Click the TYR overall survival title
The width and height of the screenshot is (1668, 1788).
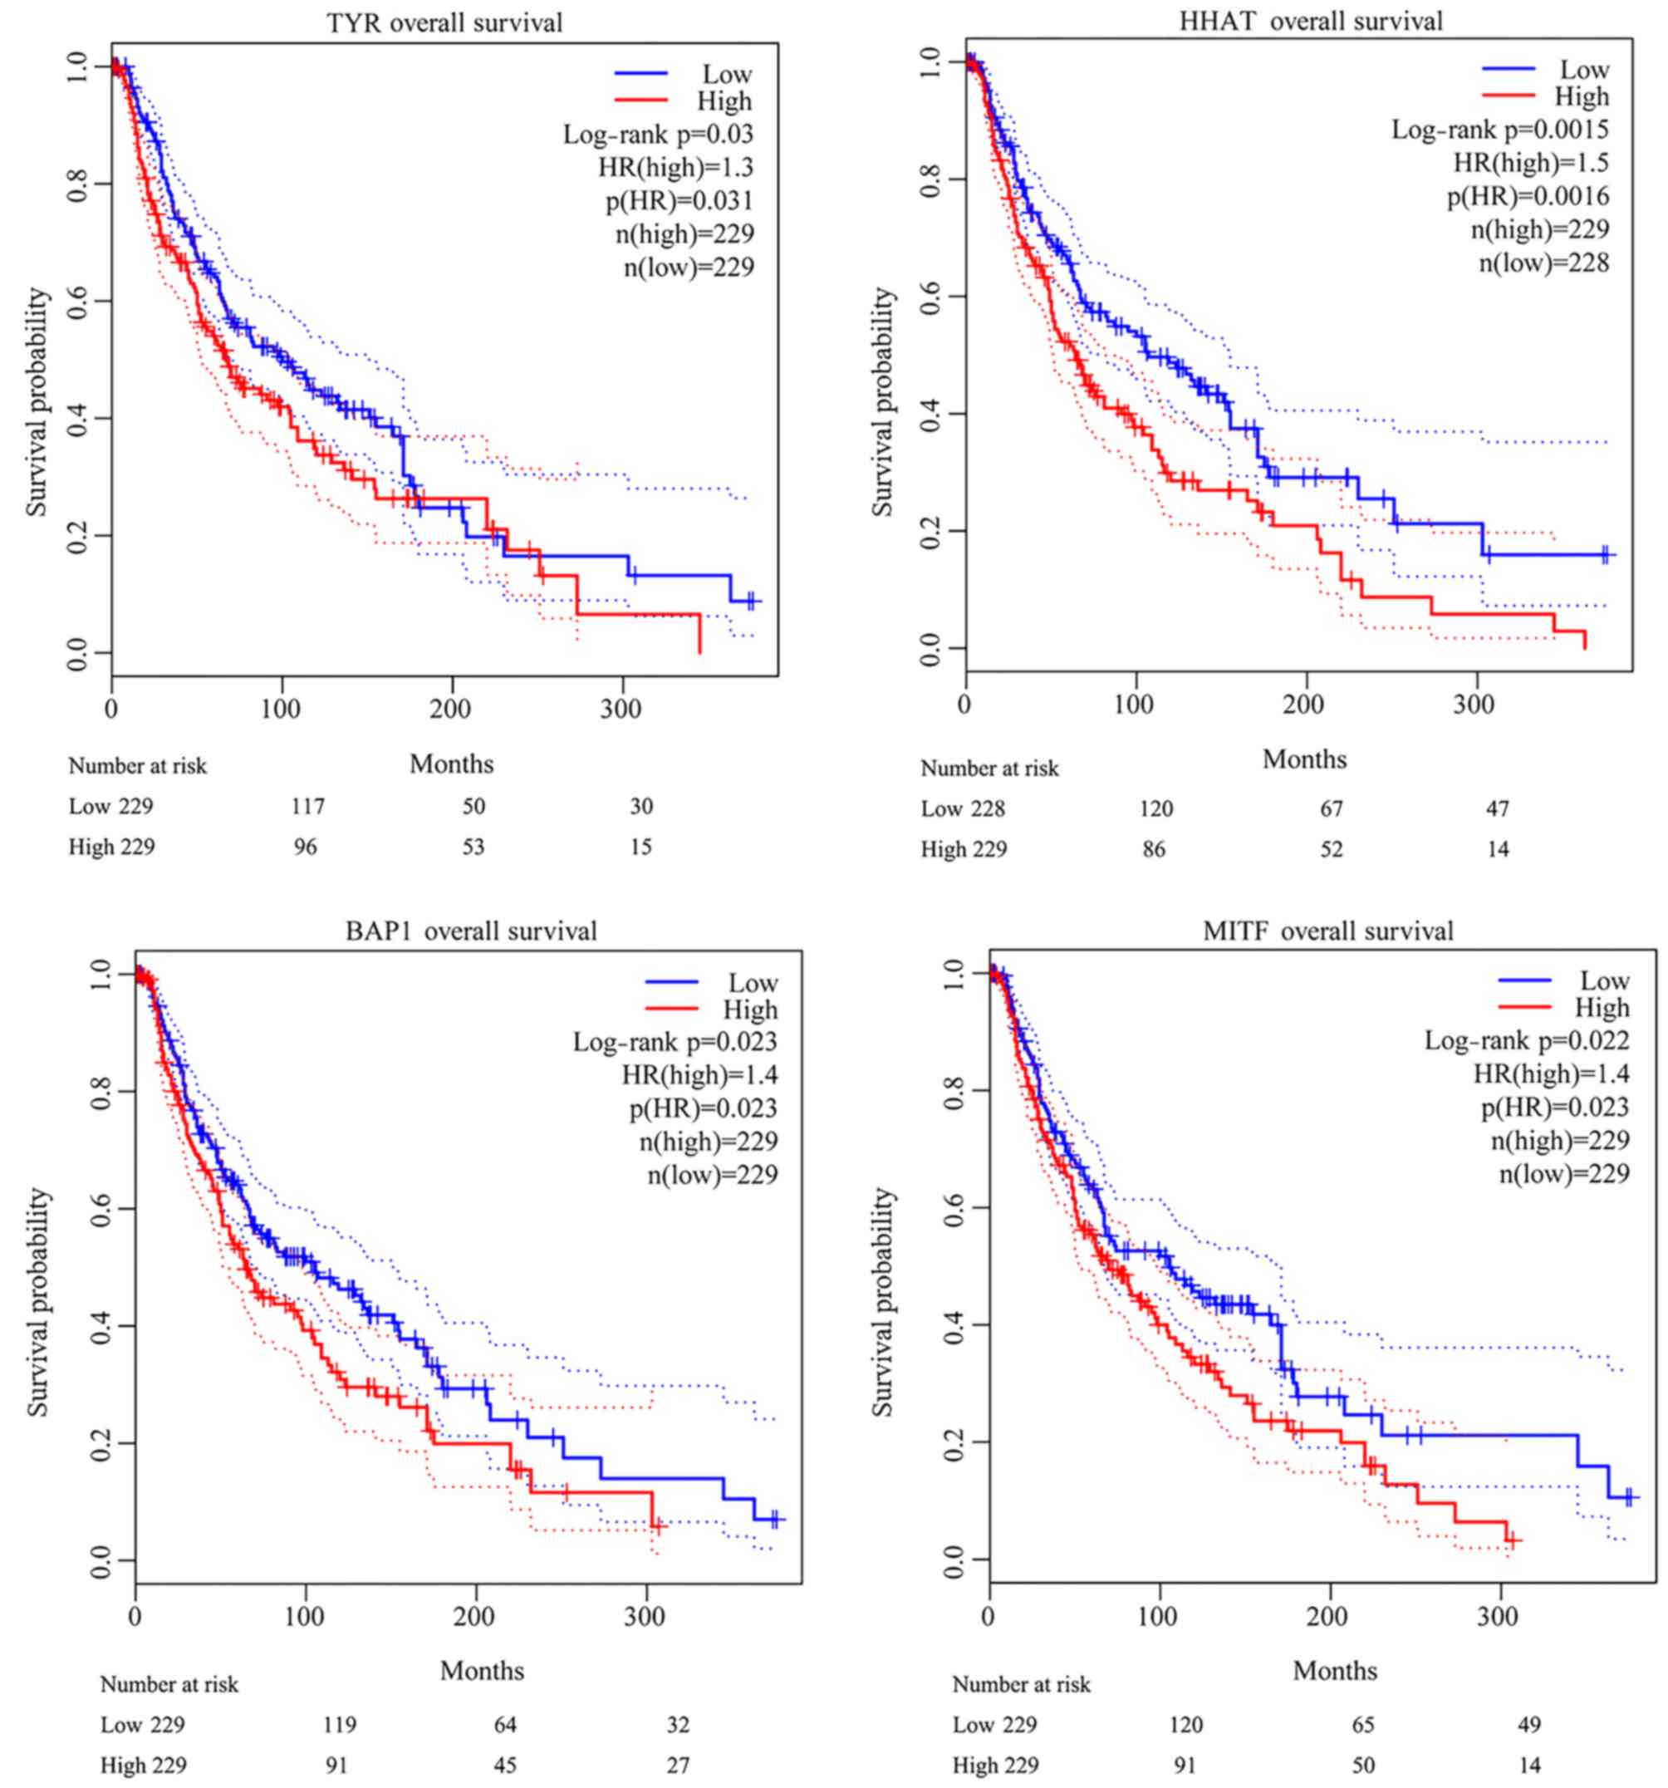[444, 22]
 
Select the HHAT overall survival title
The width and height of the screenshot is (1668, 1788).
[1310, 21]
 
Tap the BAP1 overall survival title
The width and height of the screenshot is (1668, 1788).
[471, 931]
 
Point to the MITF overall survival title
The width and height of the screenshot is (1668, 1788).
[1327, 931]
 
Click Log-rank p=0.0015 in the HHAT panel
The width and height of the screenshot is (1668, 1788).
[1500, 130]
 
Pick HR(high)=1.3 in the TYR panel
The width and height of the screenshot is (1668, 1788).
[675, 167]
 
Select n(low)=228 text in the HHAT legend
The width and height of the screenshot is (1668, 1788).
[1544, 263]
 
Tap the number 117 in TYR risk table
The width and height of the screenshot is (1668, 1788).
[307, 807]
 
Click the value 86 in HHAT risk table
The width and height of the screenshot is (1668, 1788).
[1154, 849]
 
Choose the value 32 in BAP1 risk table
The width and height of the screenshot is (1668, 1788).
[678, 1724]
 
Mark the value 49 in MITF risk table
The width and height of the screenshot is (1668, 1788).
[1528, 1725]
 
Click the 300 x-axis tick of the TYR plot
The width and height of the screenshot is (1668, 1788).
[621, 710]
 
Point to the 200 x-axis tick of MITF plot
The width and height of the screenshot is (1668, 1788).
[1327, 1616]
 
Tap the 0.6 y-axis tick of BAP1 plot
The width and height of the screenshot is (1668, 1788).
[100, 1208]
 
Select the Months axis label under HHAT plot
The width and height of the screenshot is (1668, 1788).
[1304, 760]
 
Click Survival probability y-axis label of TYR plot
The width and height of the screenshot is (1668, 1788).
[36, 402]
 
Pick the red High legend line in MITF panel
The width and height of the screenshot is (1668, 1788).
[1524, 1007]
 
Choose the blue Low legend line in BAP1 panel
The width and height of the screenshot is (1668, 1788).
[671, 982]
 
